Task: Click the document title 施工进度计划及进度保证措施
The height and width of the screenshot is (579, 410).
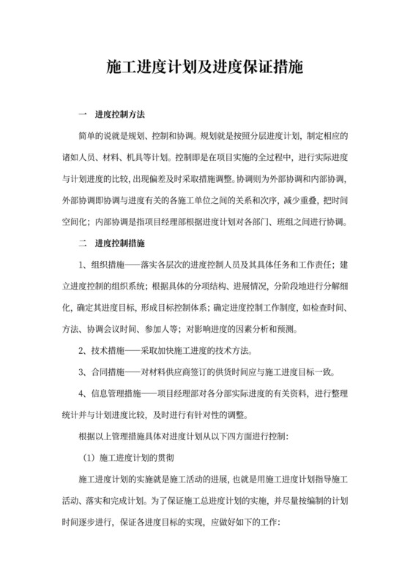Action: pos(205,69)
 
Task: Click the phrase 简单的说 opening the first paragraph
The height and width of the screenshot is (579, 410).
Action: pos(97,136)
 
